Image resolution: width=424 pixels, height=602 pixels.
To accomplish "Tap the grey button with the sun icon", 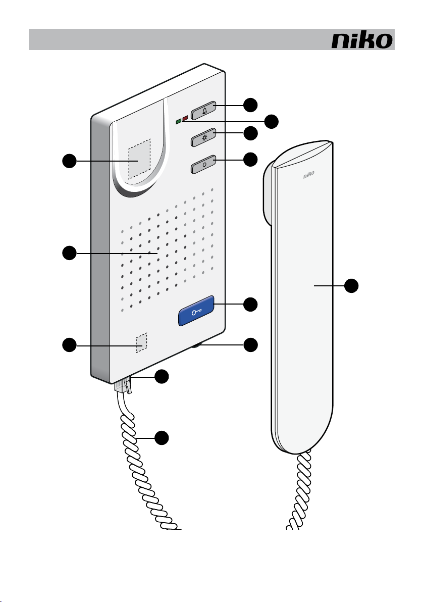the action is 203,137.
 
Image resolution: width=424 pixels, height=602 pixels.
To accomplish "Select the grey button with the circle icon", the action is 203,164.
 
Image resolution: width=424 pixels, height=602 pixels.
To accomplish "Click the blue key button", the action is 196,310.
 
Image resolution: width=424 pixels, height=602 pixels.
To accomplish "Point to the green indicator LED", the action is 178,121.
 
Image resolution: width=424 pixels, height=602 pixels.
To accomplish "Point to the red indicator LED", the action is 185,118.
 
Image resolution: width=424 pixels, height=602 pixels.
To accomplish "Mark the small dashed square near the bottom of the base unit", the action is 141,342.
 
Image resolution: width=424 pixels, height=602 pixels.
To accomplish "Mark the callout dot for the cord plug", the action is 161,377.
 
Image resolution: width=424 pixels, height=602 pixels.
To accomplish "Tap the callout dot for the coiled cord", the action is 161,438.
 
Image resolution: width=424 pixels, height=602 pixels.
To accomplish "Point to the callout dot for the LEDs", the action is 272,121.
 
